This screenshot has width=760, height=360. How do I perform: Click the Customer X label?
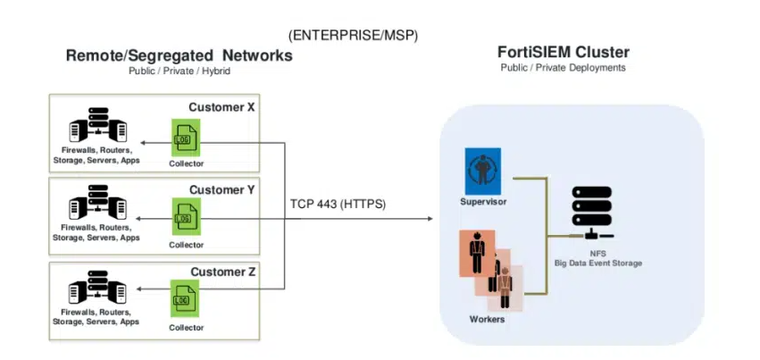pyautogui.click(x=221, y=107)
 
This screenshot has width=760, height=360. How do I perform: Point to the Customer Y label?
pyautogui.click(x=221, y=189)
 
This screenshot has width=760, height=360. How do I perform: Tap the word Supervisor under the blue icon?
pyautogui.click(x=483, y=201)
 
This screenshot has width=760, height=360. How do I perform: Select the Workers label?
pyautogui.click(x=487, y=319)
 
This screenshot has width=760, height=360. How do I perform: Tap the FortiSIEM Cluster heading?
pyautogui.click(x=563, y=51)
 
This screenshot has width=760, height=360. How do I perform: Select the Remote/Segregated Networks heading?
pyautogui.click(x=180, y=55)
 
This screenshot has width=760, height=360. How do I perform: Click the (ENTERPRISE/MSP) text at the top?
pyautogui.click(x=354, y=35)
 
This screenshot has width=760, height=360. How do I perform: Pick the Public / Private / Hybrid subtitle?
pyautogui.click(x=179, y=71)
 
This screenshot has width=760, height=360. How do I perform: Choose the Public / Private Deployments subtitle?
pyautogui.click(x=563, y=67)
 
